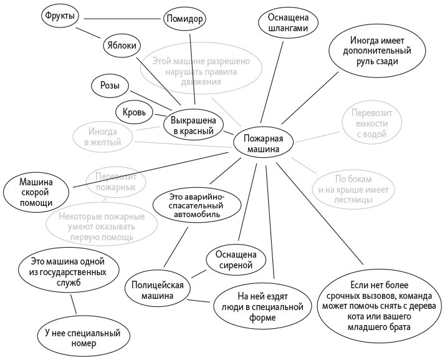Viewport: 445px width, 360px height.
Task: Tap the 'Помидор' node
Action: pyautogui.click(x=184, y=18)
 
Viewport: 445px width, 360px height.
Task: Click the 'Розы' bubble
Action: pyautogui.click(x=110, y=85)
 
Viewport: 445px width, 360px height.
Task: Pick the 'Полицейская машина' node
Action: pyautogui.click(x=157, y=291)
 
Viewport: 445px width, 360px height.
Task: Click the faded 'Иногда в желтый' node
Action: pyautogui.click(x=103, y=137)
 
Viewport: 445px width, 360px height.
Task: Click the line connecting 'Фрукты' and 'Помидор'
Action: pyautogui.click(x=122, y=17)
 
